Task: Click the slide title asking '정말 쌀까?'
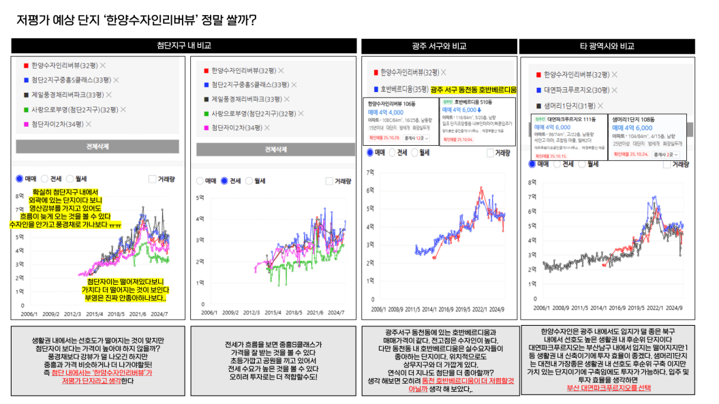tap(136, 20)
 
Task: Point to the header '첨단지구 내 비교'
tap(184, 46)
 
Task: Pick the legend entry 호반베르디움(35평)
tap(403, 89)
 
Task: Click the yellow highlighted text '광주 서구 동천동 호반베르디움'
tap(474, 89)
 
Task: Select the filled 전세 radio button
tap(224, 181)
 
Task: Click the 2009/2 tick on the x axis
tap(50, 313)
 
